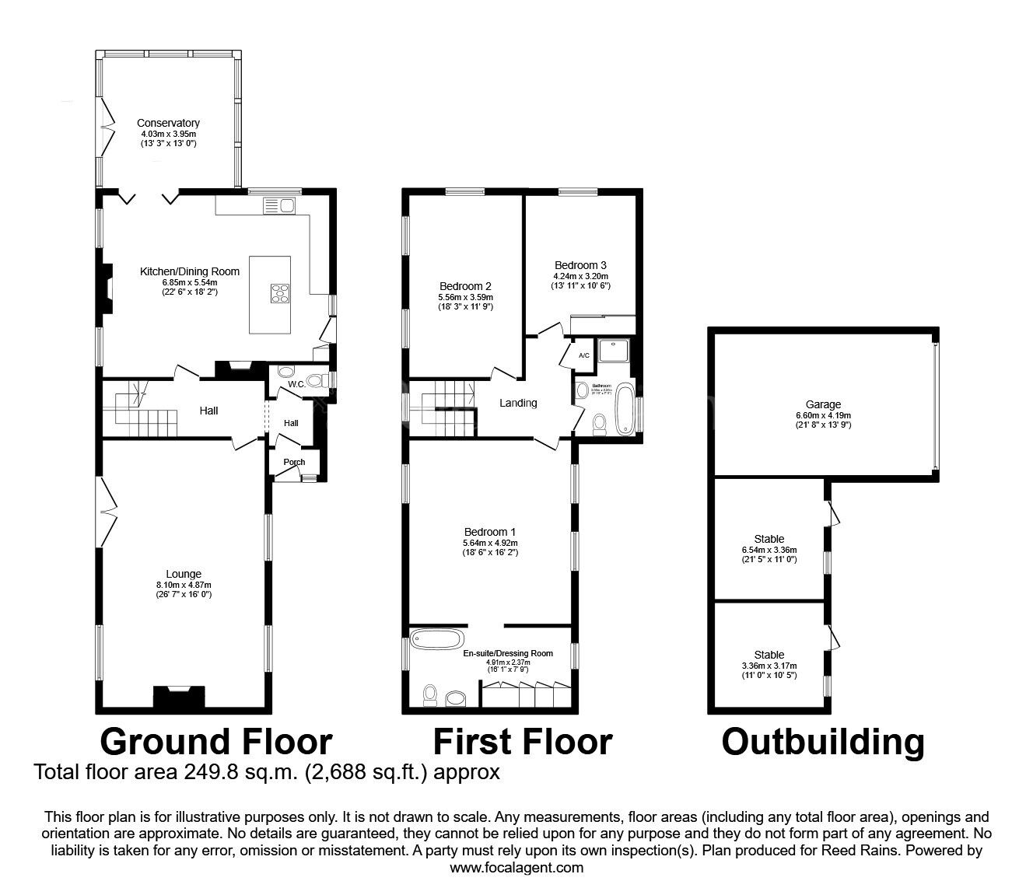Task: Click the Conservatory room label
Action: [x=168, y=123]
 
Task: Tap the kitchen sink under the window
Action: [x=280, y=205]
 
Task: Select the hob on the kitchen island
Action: [x=280, y=293]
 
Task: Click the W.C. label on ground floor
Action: [x=296, y=384]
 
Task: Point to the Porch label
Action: [x=294, y=462]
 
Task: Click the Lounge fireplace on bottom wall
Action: [x=179, y=697]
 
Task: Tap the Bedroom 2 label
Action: [x=465, y=286]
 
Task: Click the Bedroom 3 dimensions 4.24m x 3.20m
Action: [x=580, y=275]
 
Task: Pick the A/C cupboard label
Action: [x=584, y=355]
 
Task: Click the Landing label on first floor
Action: [x=518, y=403]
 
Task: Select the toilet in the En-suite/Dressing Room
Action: [x=430, y=695]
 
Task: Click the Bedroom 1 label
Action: [x=490, y=532]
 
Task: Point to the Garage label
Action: [x=823, y=404]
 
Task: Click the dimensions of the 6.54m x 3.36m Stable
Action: [x=769, y=550]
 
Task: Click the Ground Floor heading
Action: [x=216, y=742]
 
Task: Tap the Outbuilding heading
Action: [x=823, y=742]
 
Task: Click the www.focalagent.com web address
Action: [x=516, y=867]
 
